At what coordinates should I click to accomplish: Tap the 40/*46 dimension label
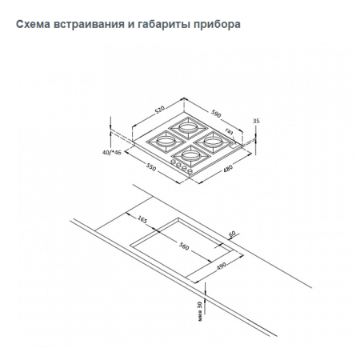112,151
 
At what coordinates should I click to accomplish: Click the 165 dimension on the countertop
142,218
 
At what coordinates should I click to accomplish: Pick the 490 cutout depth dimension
222,266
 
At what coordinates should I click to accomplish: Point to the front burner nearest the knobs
190,153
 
